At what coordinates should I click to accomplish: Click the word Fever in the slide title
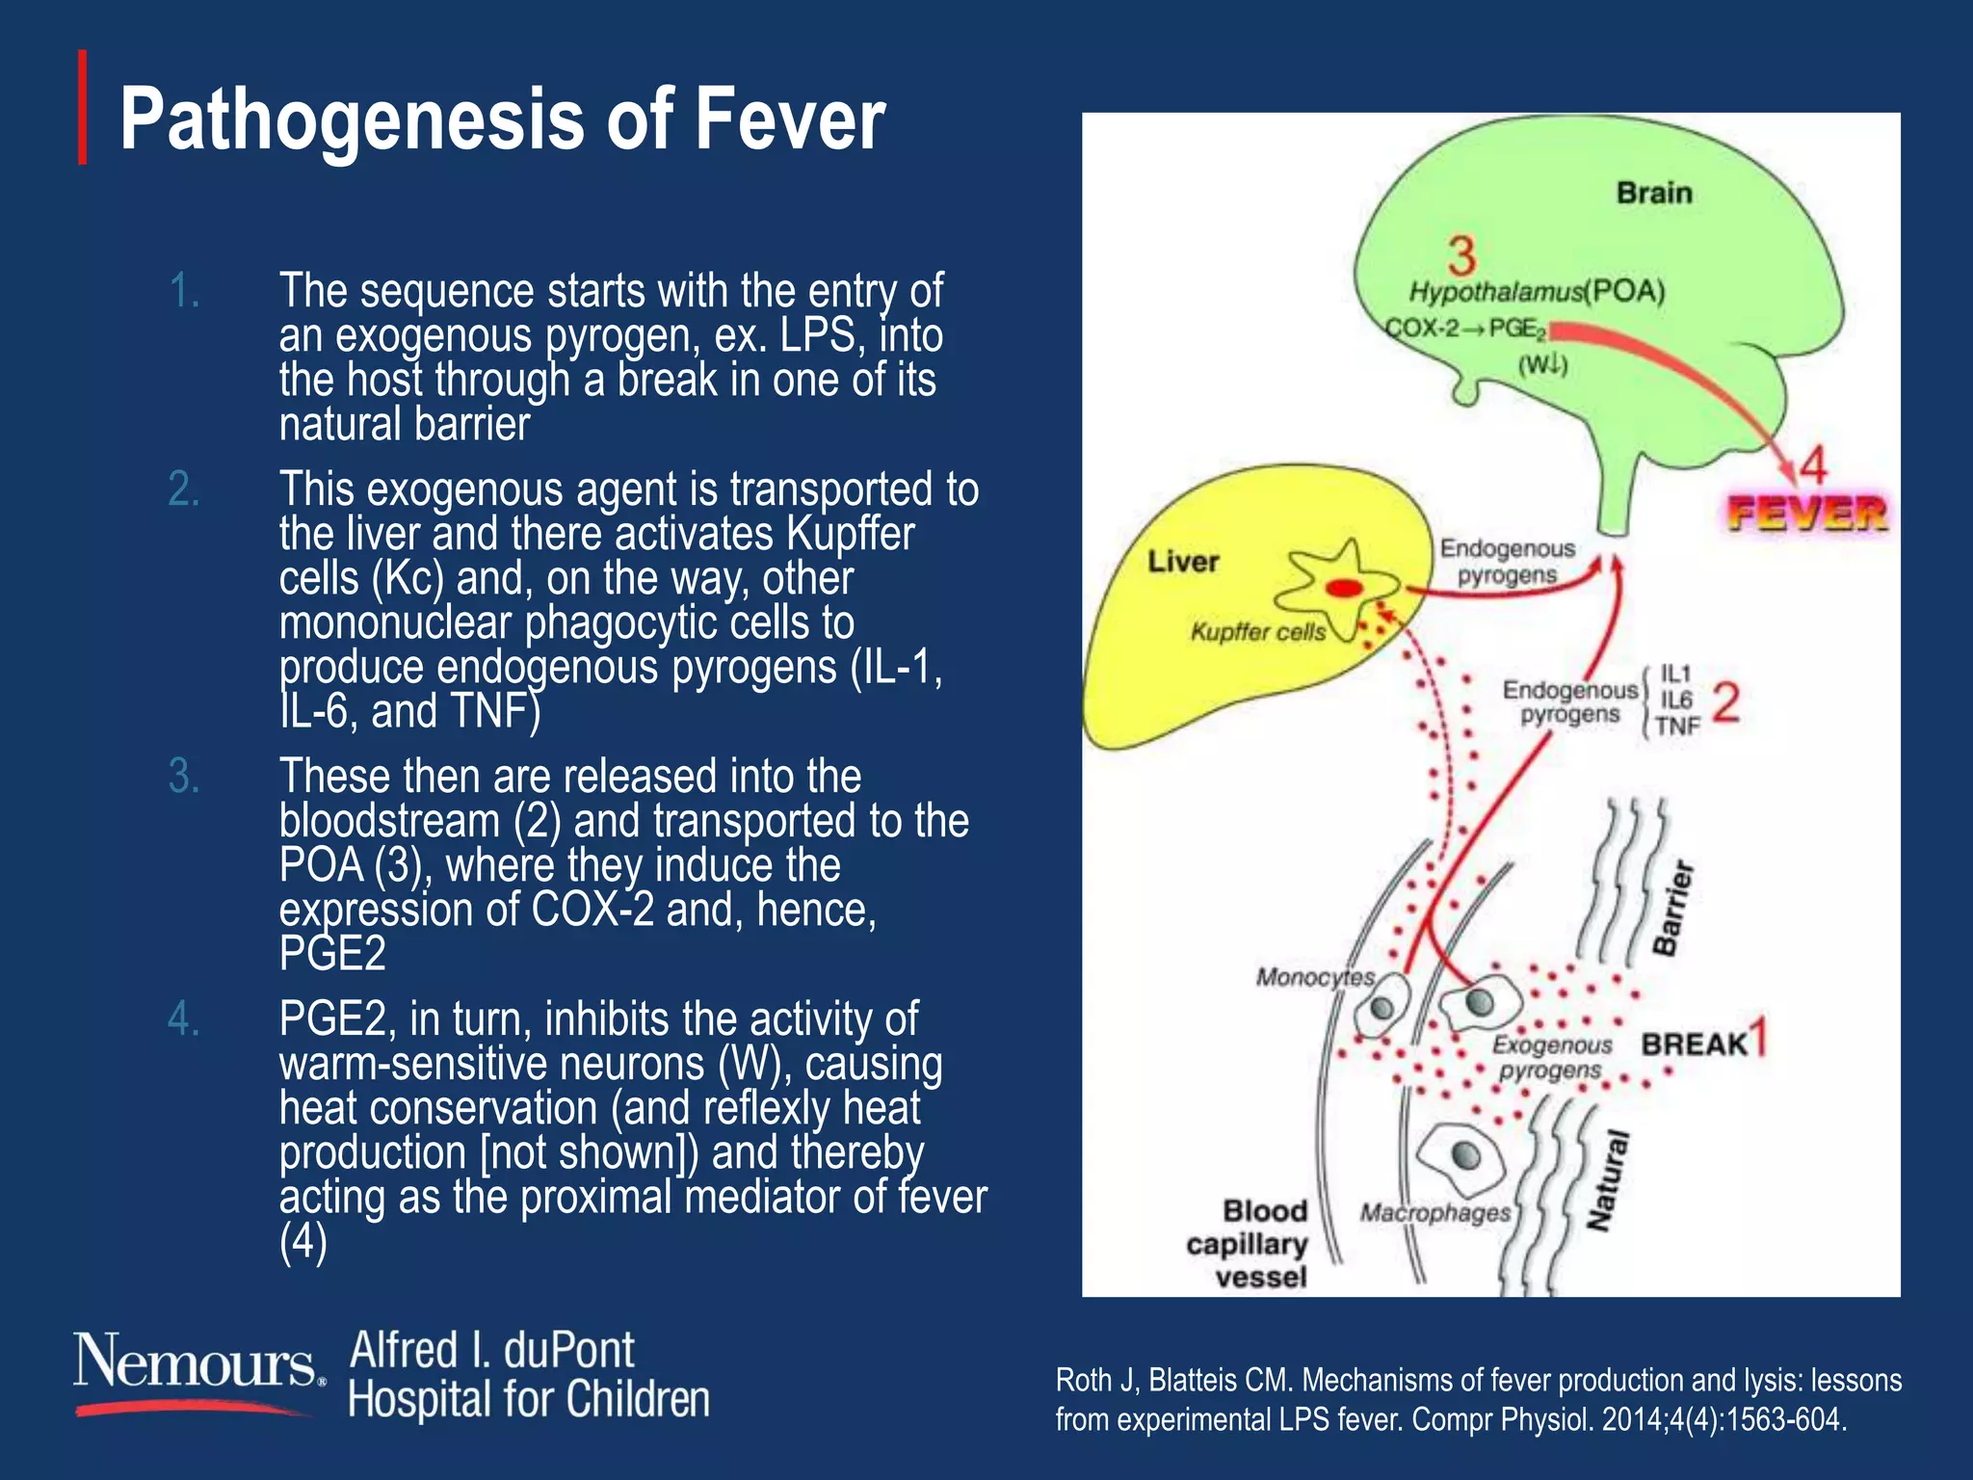[788, 120]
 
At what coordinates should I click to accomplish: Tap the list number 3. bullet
[184, 777]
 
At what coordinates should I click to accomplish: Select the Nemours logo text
[196, 1362]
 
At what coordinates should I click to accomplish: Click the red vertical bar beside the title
[83, 107]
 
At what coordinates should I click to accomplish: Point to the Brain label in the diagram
[1653, 193]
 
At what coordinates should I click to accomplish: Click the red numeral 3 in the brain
[1460, 256]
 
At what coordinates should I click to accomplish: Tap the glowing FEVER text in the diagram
[1805, 514]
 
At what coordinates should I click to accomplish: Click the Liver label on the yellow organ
[1182, 562]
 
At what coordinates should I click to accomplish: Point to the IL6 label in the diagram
[1675, 700]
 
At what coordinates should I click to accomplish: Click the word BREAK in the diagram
[1694, 1044]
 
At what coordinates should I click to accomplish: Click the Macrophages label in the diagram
[1434, 1213]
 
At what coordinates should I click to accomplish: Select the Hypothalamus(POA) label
[1537, 291]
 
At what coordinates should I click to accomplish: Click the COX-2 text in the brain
[1422, 329]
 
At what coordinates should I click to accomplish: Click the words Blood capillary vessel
[1249, 1244]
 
